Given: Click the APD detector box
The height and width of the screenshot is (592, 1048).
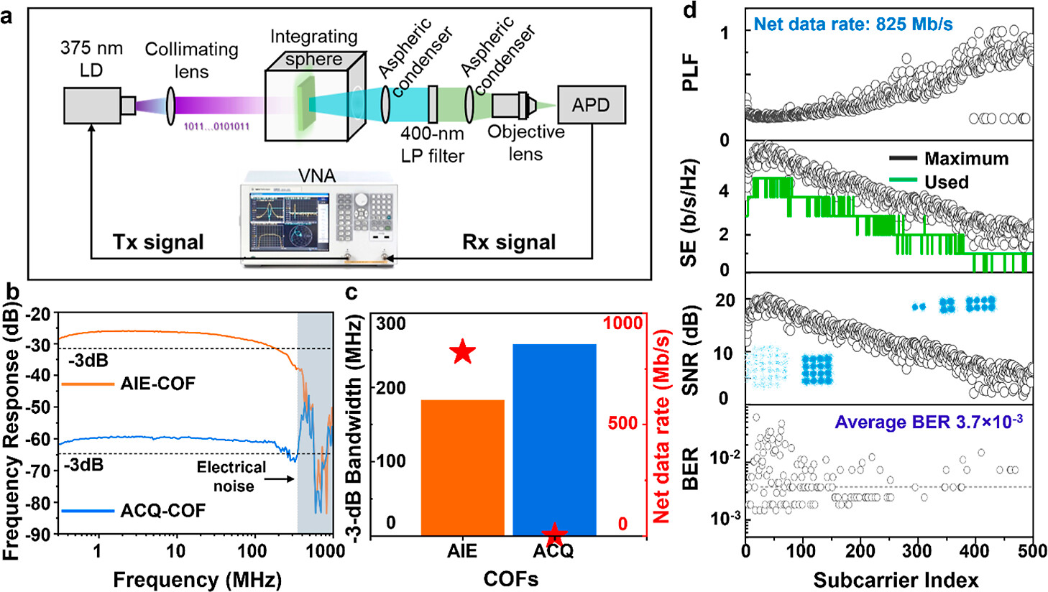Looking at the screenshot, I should coord(591,105).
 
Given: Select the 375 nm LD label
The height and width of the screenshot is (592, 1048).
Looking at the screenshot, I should coord(91,59).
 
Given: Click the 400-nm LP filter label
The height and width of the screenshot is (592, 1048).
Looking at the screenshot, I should coord(433,144).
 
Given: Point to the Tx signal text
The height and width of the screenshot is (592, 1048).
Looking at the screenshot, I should coord(158,242).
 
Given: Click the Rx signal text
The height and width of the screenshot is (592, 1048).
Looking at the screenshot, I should coord(509,242).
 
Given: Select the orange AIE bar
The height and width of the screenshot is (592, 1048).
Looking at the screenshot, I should coord(462,467).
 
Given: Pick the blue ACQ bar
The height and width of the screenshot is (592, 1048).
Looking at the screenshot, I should coord(554,438).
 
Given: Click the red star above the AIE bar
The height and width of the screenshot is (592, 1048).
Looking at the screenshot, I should coord(463,352).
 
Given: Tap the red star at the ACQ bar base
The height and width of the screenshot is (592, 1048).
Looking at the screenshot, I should coord(554,533).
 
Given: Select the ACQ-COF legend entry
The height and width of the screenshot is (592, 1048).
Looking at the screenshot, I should coord(134,511).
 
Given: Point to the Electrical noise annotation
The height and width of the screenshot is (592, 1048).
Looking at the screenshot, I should coord(231,476).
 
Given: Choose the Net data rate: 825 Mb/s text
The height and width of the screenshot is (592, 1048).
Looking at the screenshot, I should coord(853,25).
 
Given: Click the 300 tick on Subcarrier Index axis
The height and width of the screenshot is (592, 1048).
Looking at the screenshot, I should coord(919,550).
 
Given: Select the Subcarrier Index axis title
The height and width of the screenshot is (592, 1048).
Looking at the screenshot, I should coord(896,579).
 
